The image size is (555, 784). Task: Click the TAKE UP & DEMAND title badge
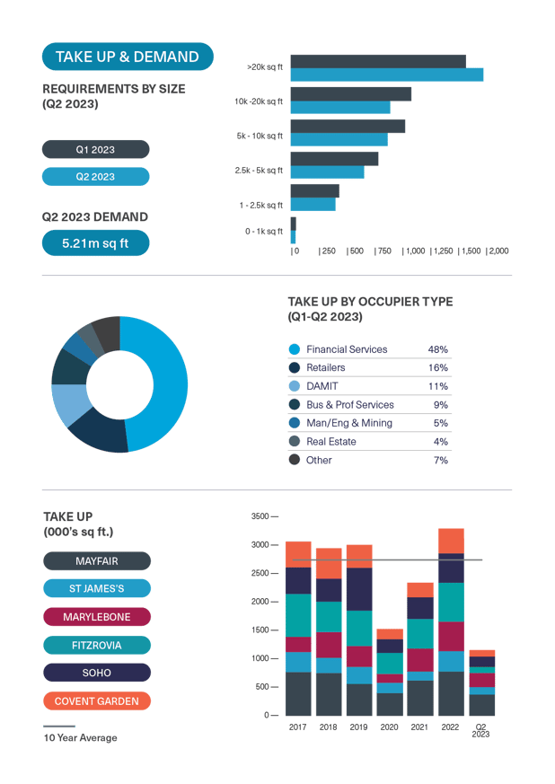[x=128, y=57]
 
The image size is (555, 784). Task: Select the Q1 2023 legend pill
[x=95, y=149]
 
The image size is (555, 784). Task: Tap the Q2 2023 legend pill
[x=95, y=177]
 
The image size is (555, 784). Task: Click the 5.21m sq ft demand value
[x=95, y=243]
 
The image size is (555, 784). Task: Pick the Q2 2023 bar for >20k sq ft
[x=386, y=75]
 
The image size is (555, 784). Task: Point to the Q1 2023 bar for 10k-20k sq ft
[x=350, y=93]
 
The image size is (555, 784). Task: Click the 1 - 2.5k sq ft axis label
[x=261, y=206]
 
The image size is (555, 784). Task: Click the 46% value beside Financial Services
[x=437, y=349]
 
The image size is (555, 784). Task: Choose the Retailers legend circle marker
[x=294, y=368]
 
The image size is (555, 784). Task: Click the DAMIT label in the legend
[x=321, y=386]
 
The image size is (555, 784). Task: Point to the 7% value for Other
[x=439, y=460]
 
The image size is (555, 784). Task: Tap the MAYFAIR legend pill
[x=97, y=561]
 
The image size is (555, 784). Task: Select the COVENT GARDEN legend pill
[x=97, y=701]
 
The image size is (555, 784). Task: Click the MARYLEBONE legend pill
[x=97, y=617]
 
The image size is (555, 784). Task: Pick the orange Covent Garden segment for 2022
[x=451, y=541]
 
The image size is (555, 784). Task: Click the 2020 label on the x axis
[x=390, y=725]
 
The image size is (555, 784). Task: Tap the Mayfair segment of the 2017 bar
[x=298, y=693]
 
